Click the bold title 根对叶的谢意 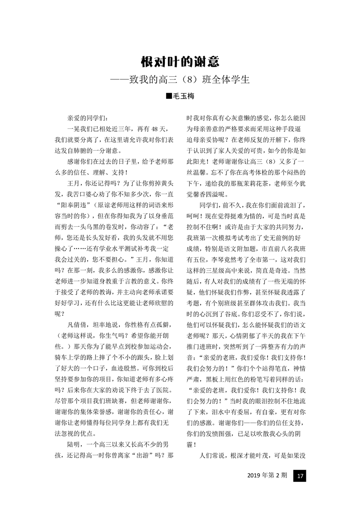coord(180,63)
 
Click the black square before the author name coord(169,96)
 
